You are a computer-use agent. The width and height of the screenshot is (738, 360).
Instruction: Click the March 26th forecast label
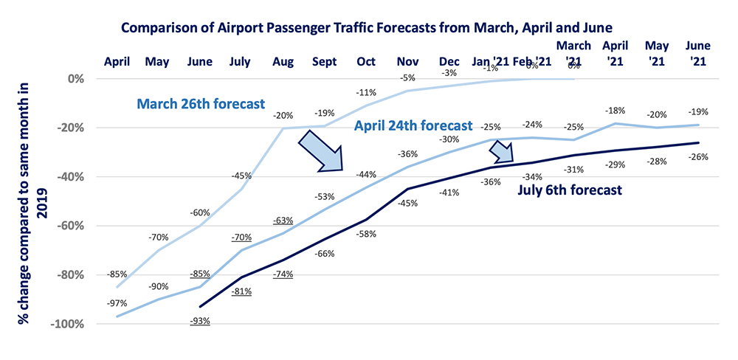tap(201, 104)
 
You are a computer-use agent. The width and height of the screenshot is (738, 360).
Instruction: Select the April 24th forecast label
tap(413, 125)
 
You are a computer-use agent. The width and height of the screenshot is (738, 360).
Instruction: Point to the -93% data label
tap(200, 321)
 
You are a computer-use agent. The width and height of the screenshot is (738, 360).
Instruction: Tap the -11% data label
tap(366, 93)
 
